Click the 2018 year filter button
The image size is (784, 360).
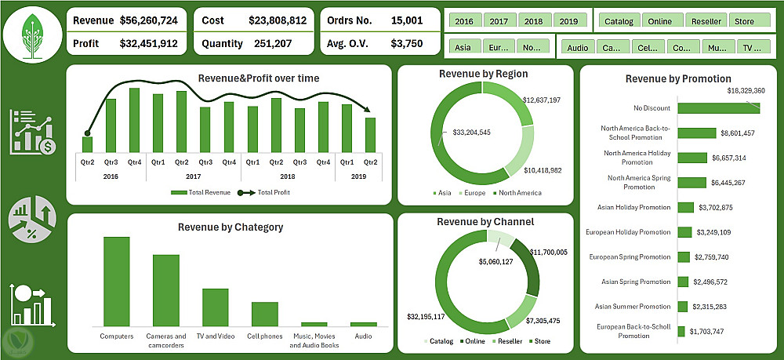coord(534,21)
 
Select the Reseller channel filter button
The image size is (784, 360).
coord(706,21)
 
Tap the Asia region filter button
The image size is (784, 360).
coord(463,48)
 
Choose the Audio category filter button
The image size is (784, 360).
coord(577,48)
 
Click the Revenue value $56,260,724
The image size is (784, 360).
coord(148,19)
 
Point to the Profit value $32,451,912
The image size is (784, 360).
coord(148,44)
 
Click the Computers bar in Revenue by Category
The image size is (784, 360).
coord(116,281)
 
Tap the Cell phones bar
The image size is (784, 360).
coord(264,313)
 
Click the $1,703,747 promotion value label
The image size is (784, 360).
coord(710,332)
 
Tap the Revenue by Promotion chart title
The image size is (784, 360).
coord(678,78)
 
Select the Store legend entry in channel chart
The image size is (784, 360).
coord(539,341)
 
